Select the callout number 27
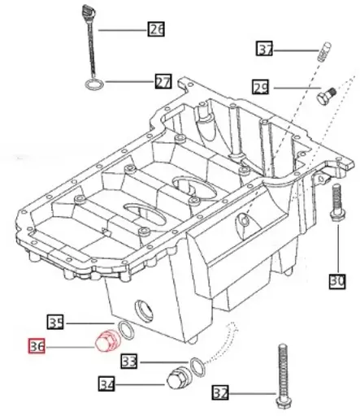[x=163, y=81]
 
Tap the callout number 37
[x=265, y=50]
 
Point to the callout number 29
[x=260, y=87]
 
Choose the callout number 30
[x=337, y=281]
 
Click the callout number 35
[x=55, y=322]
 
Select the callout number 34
[x=107, y=383]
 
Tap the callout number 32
[x=219, y=393]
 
